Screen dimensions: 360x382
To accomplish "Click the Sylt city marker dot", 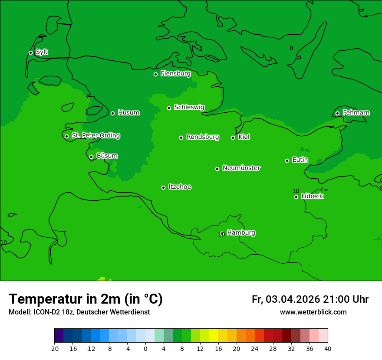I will coord(30,52).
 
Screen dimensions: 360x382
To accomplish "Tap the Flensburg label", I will coord(175,74).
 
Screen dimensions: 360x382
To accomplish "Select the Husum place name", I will coord(128,113).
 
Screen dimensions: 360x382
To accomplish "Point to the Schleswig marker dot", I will coord(169,108).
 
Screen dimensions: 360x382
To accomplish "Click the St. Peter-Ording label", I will coord(95,136).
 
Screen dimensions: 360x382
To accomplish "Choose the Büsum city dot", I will coord(91,157).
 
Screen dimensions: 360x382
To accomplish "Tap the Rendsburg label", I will coord(203,137).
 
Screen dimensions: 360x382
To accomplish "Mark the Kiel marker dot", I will coord(233,137).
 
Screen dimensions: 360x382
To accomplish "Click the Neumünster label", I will coord(241,168).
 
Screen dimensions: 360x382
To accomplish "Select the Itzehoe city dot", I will coord(163,187).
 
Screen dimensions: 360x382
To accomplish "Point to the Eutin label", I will coord(300,160).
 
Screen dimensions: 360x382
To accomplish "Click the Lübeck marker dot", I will coord(296,197).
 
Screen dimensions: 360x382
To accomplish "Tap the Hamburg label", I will coord(241,233).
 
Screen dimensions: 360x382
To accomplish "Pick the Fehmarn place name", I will coord(356,113).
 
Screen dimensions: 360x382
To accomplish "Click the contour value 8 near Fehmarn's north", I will coord(291,48).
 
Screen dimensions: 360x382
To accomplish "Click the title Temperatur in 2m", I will coord(86,299).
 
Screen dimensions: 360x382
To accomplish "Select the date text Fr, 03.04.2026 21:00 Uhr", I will coord(310,299).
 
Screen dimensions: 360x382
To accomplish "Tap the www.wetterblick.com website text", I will coord(313,312).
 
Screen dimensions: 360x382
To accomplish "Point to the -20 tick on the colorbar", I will coord(54,348).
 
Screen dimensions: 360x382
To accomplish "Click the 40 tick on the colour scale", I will coord(328,348).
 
